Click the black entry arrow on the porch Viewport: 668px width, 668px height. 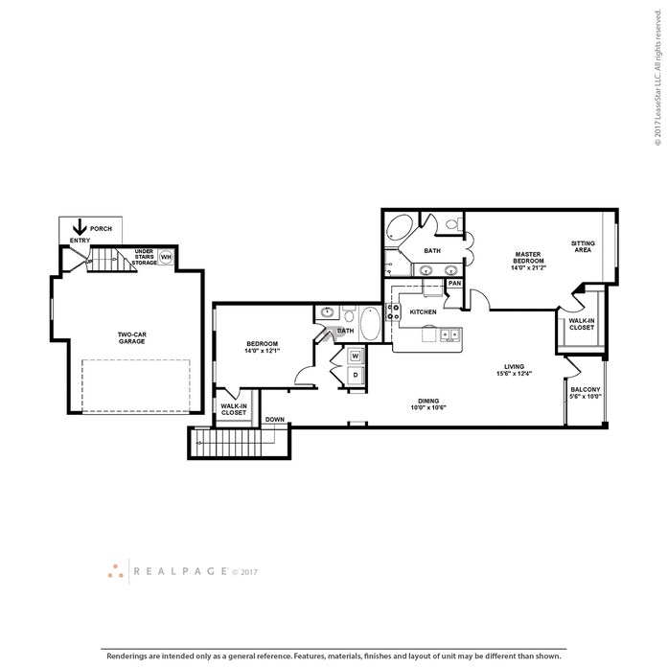pos(80,227)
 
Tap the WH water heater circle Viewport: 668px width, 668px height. pos(166,257)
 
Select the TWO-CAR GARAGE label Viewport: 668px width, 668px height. pos(131,338)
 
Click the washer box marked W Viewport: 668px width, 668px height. pos(356,356)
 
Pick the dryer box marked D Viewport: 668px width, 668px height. pos(356,375)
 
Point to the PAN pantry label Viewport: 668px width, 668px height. pos(454,283)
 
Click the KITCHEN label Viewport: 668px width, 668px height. pos(423,311)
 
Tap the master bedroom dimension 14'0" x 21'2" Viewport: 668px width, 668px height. pos(528,268)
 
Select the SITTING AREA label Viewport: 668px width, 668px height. pos(583,246)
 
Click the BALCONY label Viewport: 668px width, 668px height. pos(586,389)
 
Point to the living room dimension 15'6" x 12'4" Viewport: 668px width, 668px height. pos(515,374)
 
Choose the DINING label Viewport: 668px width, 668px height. pos(428,401)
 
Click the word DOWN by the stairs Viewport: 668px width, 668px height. pos(275,419)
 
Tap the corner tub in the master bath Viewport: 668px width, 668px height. pos(400,229)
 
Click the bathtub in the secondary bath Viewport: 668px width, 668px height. pos(370,323)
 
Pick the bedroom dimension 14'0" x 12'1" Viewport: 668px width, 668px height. pos(262,351)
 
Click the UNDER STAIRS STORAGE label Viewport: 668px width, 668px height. pos(144,257)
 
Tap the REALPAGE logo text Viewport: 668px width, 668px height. pos(180,571)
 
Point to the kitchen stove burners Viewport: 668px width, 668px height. pos(393,311)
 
